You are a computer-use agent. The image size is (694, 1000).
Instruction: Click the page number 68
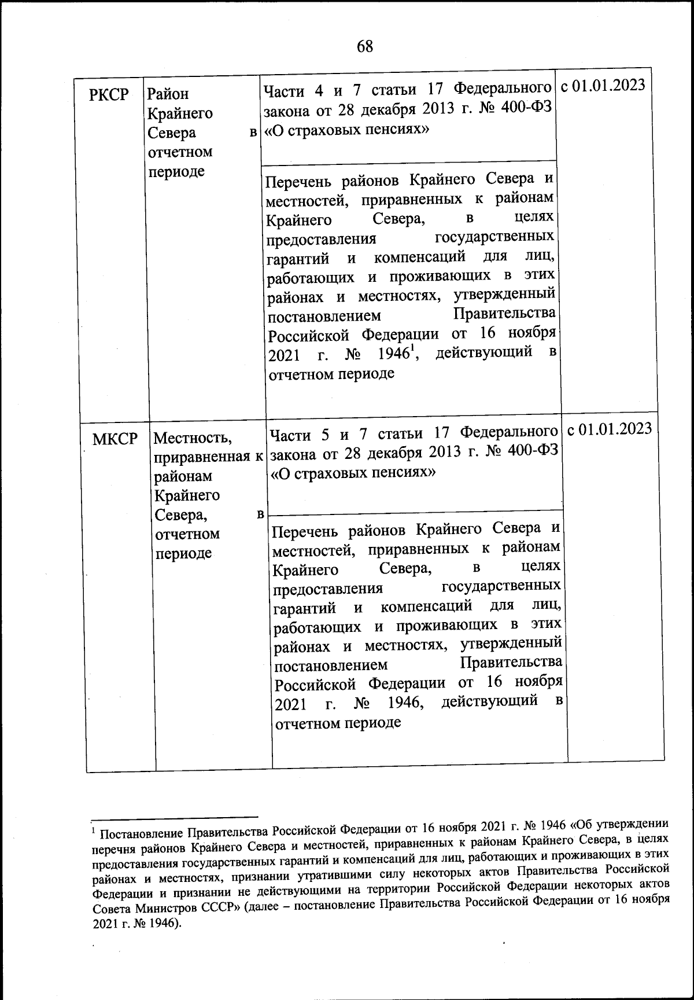(365, 46)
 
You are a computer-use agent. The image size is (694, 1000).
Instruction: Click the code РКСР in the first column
(109, 94)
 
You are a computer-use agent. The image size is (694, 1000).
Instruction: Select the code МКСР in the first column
(115, 439)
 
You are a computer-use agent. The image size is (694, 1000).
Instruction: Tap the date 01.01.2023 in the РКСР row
(611, 86)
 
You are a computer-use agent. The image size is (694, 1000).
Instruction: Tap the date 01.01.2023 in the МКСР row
(617, 429)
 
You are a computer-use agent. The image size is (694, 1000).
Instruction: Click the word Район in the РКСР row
(168, 94)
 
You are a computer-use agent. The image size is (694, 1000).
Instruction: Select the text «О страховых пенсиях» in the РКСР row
(346, 129)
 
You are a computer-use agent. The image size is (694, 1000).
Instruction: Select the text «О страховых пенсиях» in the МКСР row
(353, 473)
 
